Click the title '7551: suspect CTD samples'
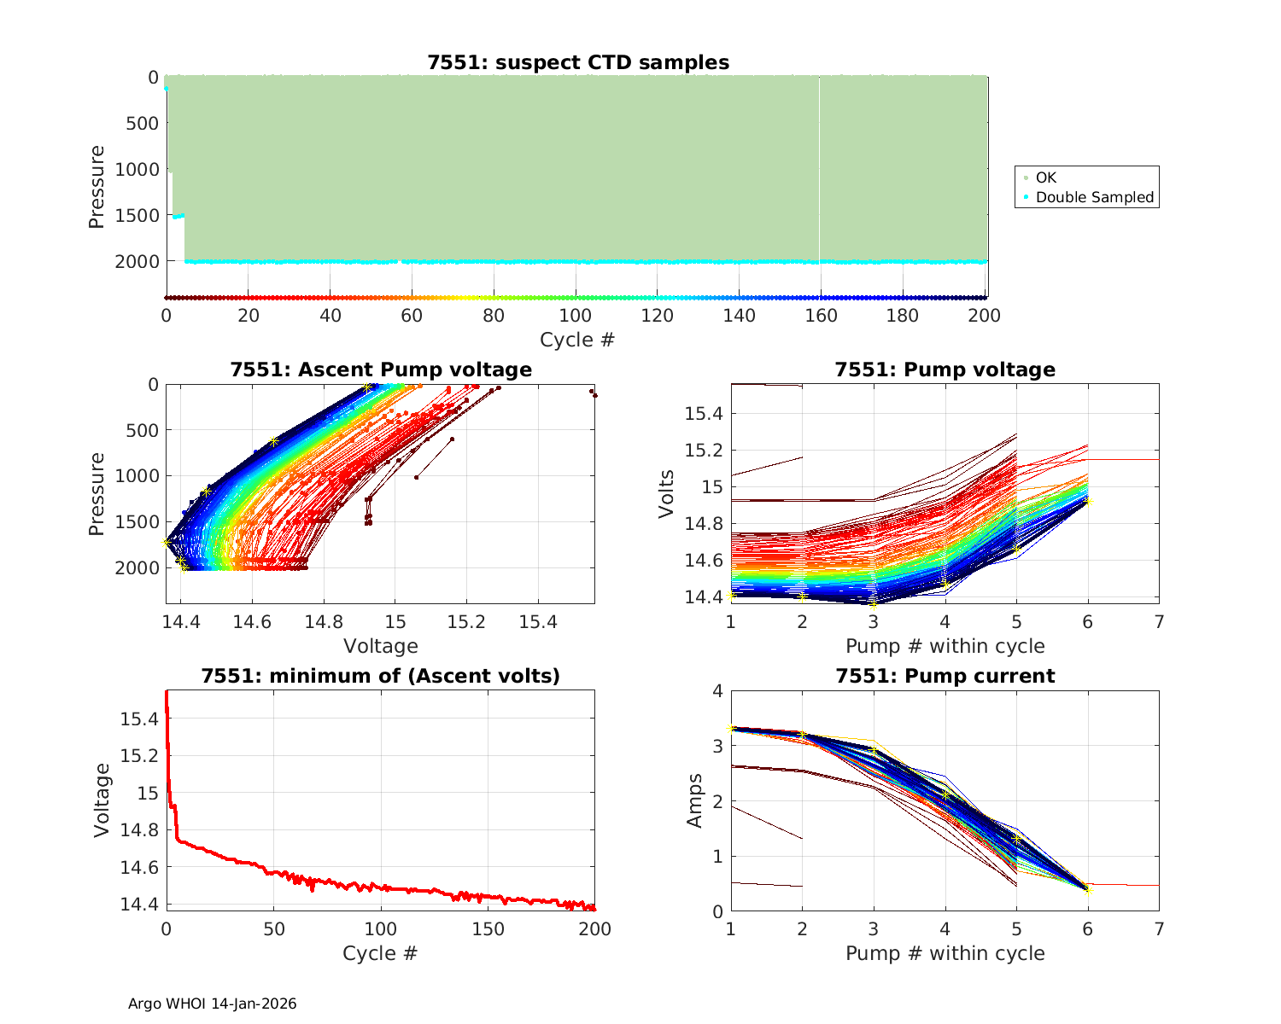[x=578, y=62]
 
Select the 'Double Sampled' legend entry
[x=1094, y=197]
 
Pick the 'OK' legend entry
[x=1045, y=177]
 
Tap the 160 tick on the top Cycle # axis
[x=821, y=316]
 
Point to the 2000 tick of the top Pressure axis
[x=136, y=261]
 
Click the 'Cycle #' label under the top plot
[x=576, y=340]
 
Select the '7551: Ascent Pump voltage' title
[x=380, y=369]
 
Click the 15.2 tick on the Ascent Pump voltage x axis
[x=466, y=622]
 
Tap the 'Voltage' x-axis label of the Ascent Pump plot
[x=380, y=646]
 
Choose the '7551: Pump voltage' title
[x=945, y=369]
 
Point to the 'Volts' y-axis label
[x=667, y=494]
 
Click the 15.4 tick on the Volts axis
[x=704, y=414]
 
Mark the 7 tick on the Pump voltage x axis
[x=1159, y=622]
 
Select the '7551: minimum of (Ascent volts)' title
[x=380, y=676]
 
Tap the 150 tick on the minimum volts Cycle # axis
[x=488, y=929]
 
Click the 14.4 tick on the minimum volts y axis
[x=138, y=904]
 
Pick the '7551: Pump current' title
[x=945, y=676]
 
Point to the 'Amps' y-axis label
[x=696, y=800]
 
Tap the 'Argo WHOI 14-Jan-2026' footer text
[x=212, y=1004]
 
